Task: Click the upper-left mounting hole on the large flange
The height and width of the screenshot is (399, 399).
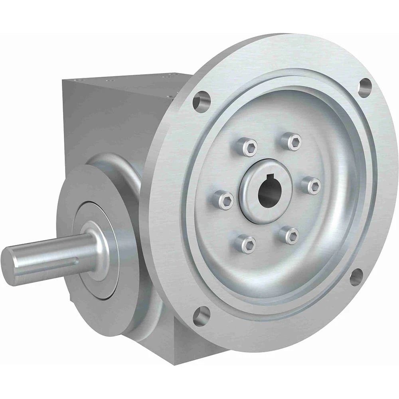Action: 201,101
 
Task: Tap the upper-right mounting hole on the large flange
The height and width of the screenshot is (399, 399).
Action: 365,87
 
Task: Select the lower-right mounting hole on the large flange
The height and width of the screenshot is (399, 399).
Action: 356,277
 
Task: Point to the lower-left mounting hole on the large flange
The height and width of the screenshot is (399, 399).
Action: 201,316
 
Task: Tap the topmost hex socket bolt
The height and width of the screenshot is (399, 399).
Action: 291,141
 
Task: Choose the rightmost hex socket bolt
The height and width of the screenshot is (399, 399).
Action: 311,186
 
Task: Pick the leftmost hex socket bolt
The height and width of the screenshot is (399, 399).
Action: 223,199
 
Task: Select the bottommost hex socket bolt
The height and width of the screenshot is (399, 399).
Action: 245,244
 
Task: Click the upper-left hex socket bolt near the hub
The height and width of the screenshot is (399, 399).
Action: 247,146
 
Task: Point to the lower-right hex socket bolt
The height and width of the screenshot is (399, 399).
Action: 289,235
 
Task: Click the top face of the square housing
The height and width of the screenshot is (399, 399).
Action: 132,82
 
